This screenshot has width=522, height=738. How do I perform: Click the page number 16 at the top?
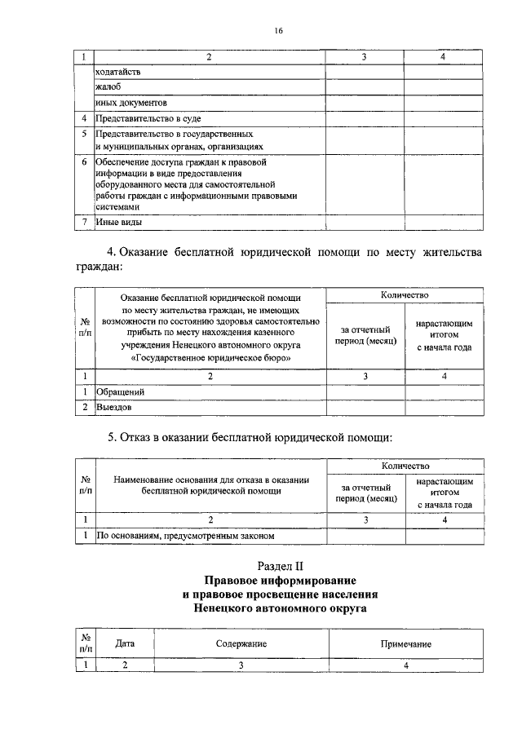coord(278,30)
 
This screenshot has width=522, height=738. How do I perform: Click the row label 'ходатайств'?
coord(118,73)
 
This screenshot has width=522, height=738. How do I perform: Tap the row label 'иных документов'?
coord(131,104)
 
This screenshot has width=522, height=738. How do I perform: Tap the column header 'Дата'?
coord(125,643)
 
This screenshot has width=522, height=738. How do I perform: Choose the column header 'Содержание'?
coord(241,643)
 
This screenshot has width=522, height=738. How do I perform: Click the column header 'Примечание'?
coord(405,643)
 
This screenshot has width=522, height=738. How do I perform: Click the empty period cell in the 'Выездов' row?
coord(365,406)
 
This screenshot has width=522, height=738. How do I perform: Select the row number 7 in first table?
coord(84,221)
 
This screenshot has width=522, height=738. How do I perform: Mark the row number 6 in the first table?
coord(84,162)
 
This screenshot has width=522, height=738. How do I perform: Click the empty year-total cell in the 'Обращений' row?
coord(444,391)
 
